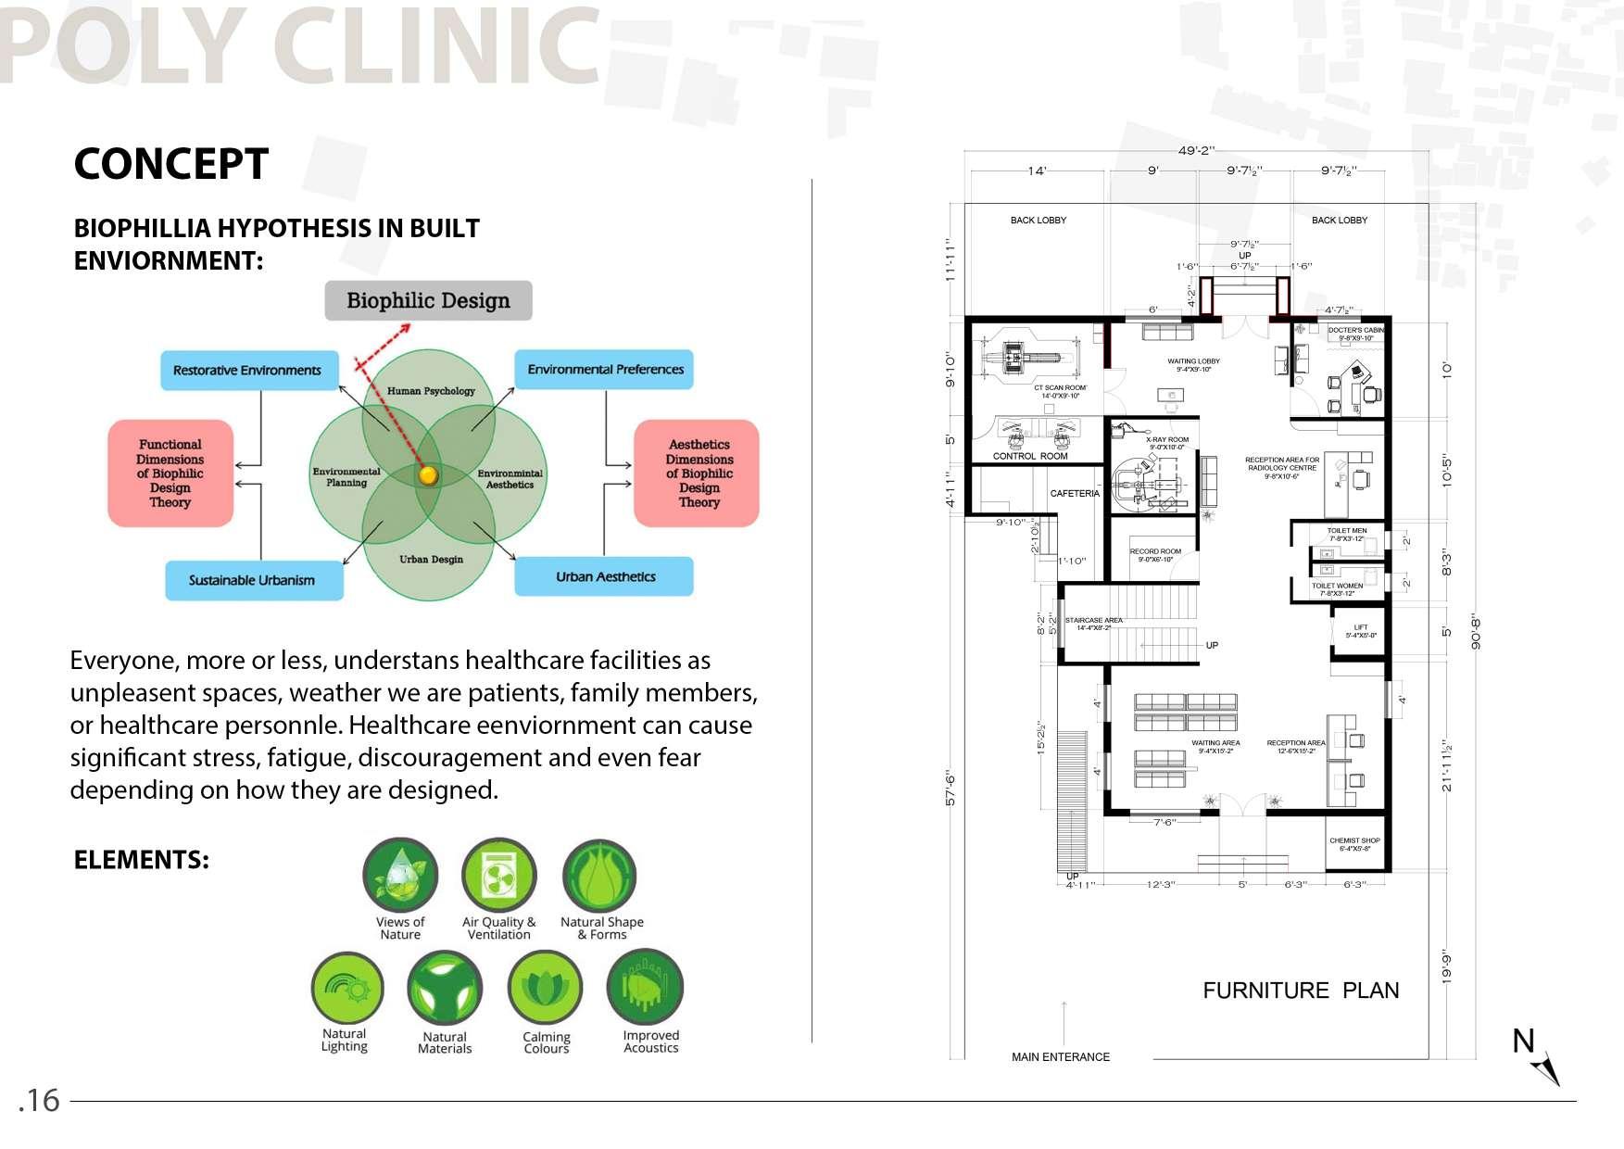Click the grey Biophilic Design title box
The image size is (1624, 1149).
tap(428, 301)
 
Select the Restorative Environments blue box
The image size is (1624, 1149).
tap(246, 370)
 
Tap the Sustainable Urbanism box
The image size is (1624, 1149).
tap(253, 580)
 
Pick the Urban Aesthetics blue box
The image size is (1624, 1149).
tap(604, 576)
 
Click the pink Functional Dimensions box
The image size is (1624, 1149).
tap(170, 473)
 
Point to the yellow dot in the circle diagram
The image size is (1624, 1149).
tap(428, 475)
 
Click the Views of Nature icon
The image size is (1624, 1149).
tap(400, 876)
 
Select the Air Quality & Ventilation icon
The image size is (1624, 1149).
tap(499, 876)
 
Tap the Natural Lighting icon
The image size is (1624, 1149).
tap(346, 989)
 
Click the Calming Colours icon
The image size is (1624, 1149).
tap(545, 988)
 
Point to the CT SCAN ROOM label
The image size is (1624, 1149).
tap(1060, 388)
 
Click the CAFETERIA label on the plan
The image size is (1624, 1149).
tap(1075, 494)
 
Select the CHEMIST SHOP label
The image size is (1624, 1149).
tap(1354, 841)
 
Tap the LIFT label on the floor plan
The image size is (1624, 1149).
tap(1360, 628)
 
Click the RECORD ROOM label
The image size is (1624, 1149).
tap(1155, 552)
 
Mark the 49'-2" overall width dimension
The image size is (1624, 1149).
tap(1196, 151)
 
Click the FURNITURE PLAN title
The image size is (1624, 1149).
tap(1301, 991)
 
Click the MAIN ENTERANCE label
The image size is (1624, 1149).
tap(1060, 1057)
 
